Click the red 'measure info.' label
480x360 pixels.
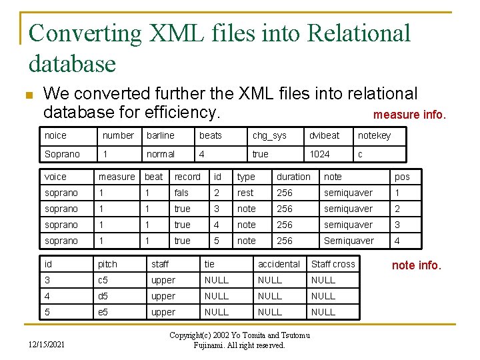[x=409, y=115]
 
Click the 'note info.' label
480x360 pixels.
[x=416, y=265]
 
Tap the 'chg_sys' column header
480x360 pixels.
[x=269, y=135]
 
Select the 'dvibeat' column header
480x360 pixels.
[x=324, y=135]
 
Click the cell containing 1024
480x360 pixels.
[x=319, y=154]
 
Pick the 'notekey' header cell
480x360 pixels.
[x=374, y=135]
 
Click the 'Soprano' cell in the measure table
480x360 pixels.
[x=62, y=154]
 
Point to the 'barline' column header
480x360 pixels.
[x=160, y=135]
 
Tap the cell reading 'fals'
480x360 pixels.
[x=181, y=193]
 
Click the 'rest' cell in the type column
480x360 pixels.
[x=245, y=193]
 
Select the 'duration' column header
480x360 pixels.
[x=293, y=177]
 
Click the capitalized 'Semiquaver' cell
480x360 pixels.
[x=349, y=241]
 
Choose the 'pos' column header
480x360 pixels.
[x=402, y=177]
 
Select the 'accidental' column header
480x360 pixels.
[x=279, y=264]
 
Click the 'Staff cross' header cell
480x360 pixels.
[x=333, y=264]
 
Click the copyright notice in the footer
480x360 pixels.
[x=240, y=339]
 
